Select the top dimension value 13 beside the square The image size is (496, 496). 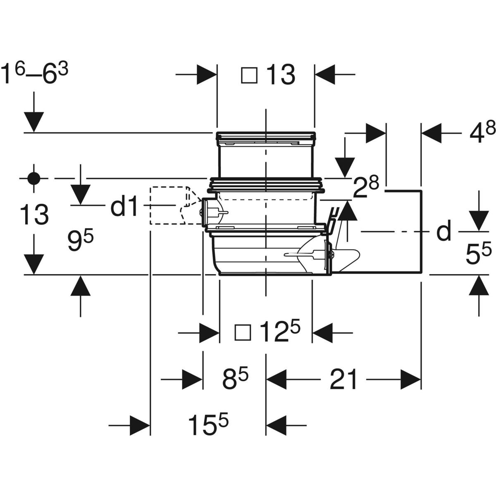click(x=280, y=76)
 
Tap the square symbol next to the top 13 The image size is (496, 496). click(x=249, y=76)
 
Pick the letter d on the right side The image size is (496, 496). click(x=444, y=232)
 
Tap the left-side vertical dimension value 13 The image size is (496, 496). click(x=34, y=215)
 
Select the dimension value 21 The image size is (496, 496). click(x=343, y=379)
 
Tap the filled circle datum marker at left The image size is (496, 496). click(x=33, y=179)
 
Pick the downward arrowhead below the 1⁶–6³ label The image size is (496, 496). click(x=33, y=122)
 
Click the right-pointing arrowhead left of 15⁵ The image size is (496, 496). click(x=139, y=425)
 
